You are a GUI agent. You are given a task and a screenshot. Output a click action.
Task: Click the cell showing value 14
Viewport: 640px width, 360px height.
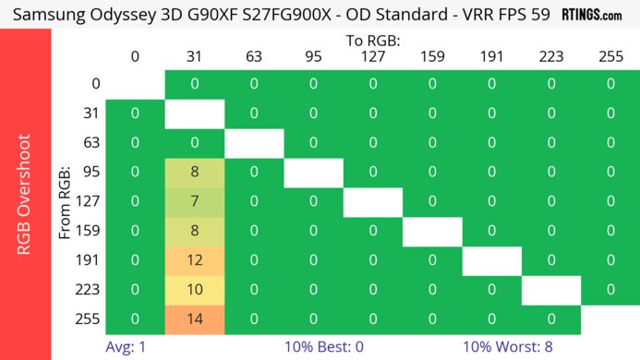(x=194, y=319)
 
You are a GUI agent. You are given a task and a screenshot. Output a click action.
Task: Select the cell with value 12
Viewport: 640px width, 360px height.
(x=194, y=260)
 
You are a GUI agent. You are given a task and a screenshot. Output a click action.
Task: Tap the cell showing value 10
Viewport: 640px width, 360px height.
(x=194, y=290)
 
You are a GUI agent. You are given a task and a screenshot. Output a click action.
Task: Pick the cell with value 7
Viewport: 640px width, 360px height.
(x=194, y=201)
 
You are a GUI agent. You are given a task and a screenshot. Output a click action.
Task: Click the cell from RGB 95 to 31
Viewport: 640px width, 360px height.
(x=194, y=172)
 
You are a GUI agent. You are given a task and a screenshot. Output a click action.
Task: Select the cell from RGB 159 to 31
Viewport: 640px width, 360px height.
(x=194, y=231)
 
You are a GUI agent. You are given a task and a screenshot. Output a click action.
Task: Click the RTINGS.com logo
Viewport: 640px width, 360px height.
(x=599, y=15)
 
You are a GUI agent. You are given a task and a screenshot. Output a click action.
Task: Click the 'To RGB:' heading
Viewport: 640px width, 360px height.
(x=372, y=42)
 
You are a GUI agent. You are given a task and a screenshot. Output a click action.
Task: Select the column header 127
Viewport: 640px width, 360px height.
(x=372, y=56)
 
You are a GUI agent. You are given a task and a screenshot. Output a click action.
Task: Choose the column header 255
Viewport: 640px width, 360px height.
(x=610, y=56)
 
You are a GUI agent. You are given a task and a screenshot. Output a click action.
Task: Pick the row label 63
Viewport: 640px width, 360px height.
(x=90, y=142)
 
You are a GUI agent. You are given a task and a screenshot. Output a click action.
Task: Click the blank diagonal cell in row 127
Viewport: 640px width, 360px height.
(x=372, y=201)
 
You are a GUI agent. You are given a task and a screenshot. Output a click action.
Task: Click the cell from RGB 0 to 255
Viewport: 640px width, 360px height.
(x=610, y=84)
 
